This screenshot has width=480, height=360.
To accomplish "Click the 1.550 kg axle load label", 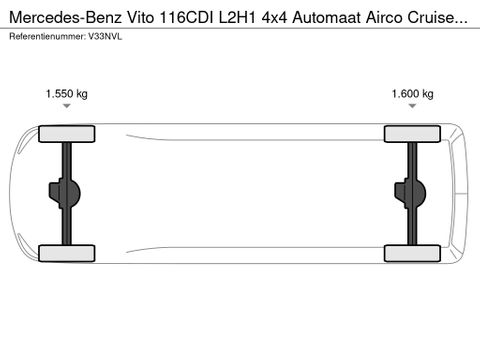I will coord(66,94).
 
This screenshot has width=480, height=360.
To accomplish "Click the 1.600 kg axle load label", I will coord(412,94).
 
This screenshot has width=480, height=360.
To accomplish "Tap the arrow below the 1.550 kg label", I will coord(66,112).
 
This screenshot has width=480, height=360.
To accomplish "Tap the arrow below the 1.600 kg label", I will coord(412,112).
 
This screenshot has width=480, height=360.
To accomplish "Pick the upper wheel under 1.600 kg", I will coord(412,133).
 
